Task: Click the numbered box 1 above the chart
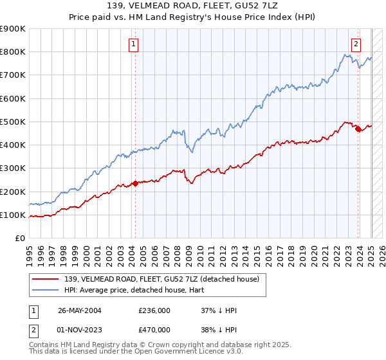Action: (133, 44)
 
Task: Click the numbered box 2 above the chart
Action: (356, 44)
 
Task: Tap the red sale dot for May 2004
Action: (135, 183)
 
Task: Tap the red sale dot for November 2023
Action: (358, 129)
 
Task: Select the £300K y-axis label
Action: (13, 168)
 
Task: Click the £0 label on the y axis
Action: (19, 239)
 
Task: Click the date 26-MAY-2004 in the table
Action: (82, 310)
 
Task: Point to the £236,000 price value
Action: (154, 310)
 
